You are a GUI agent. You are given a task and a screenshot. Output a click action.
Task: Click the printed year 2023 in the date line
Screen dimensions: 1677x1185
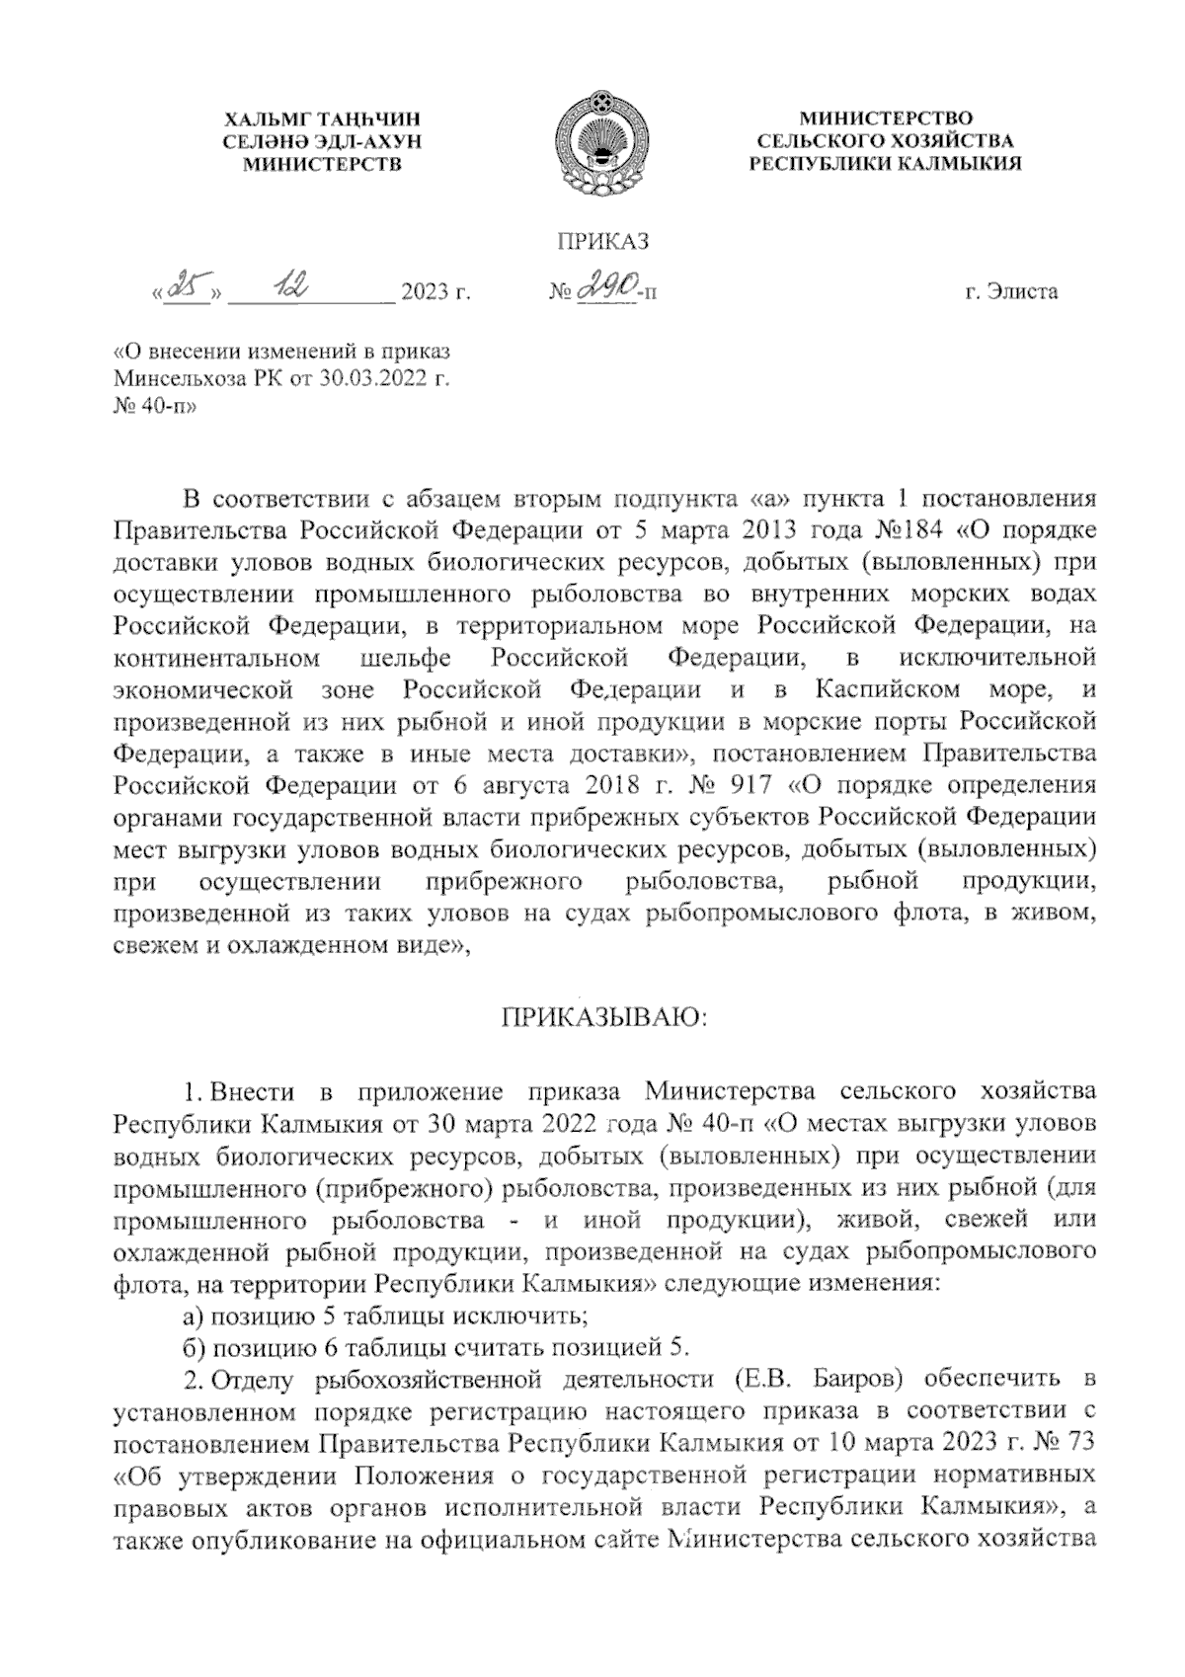[x=422, y=292]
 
